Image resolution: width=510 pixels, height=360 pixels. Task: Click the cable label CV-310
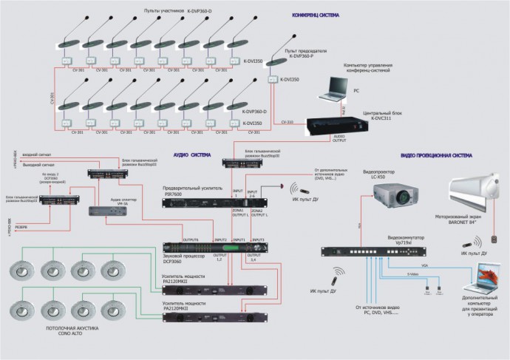[x=288, y=121]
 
